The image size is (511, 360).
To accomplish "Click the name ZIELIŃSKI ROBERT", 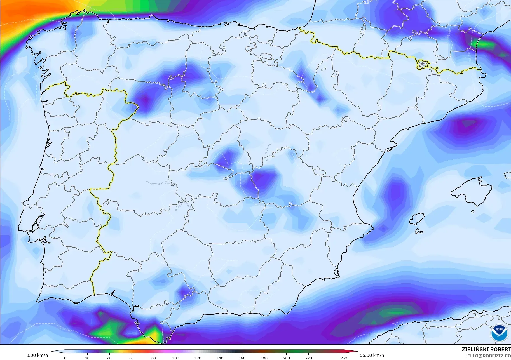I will click(x=486, y=349).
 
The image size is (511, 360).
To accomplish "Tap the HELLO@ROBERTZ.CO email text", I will click(x=487, y=356).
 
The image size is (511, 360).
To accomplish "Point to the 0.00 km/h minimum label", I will click(x=37, y=355).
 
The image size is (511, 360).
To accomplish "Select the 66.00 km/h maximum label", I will click(x=372, y=355).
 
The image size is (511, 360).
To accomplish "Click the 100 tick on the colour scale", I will click(x=176, y=358).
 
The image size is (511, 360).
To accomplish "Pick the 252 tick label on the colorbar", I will click(x=344, y=358).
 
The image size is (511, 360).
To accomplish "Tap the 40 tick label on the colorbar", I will click(x=109, y=358).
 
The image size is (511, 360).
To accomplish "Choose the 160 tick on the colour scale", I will click(x=242, y=358).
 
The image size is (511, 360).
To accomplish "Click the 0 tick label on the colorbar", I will click(x=65, y=358).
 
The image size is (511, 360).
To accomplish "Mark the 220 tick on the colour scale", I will click(x=308, y=358).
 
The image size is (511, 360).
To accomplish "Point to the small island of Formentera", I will click(x=419, y=231).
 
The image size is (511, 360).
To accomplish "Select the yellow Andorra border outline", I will click(x=422, y=64).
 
